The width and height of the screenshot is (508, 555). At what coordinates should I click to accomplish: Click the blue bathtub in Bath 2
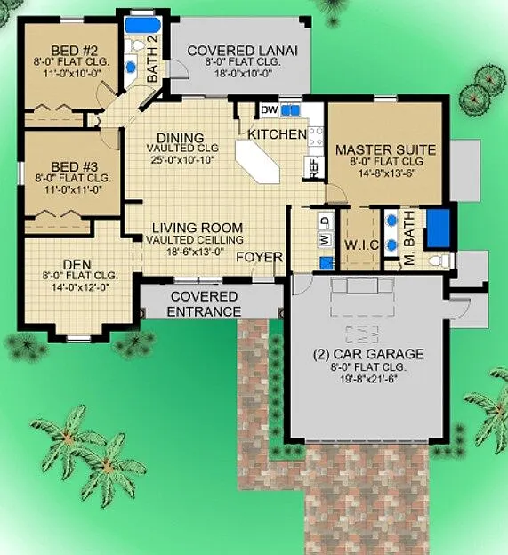click(143, 25)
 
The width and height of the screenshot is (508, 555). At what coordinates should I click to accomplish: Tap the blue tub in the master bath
click(439, 228)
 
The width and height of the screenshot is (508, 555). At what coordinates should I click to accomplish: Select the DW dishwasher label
click(270, 110)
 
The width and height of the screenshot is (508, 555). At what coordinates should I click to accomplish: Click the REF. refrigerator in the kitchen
click(314, 166)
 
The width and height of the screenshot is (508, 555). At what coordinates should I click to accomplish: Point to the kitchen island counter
click(258, 161)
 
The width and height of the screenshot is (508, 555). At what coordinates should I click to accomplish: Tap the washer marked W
click(326, 239)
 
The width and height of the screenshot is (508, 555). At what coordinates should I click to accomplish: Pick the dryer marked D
click(326, 221)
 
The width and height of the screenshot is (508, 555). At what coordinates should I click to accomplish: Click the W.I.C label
click(361, 245)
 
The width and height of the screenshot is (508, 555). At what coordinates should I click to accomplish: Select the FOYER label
click(259, 257)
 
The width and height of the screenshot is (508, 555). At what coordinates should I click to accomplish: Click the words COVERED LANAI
click(243, 51)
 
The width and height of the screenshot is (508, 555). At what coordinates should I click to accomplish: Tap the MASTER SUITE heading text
click(385, 149)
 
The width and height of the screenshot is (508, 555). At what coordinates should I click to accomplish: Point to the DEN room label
click(77, 264)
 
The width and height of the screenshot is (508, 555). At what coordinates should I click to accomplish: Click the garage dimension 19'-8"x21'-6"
click(368, 379)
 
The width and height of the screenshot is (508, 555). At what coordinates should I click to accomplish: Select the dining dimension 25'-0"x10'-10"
click(183, 159)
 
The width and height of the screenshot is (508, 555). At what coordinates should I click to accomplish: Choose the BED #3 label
click(74, 166)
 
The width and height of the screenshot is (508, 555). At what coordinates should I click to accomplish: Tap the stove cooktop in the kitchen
click(316, 137)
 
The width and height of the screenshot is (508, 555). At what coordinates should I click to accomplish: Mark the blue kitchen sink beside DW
click(290, 111)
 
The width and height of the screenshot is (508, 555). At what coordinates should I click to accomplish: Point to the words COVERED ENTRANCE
click(204, 304)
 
